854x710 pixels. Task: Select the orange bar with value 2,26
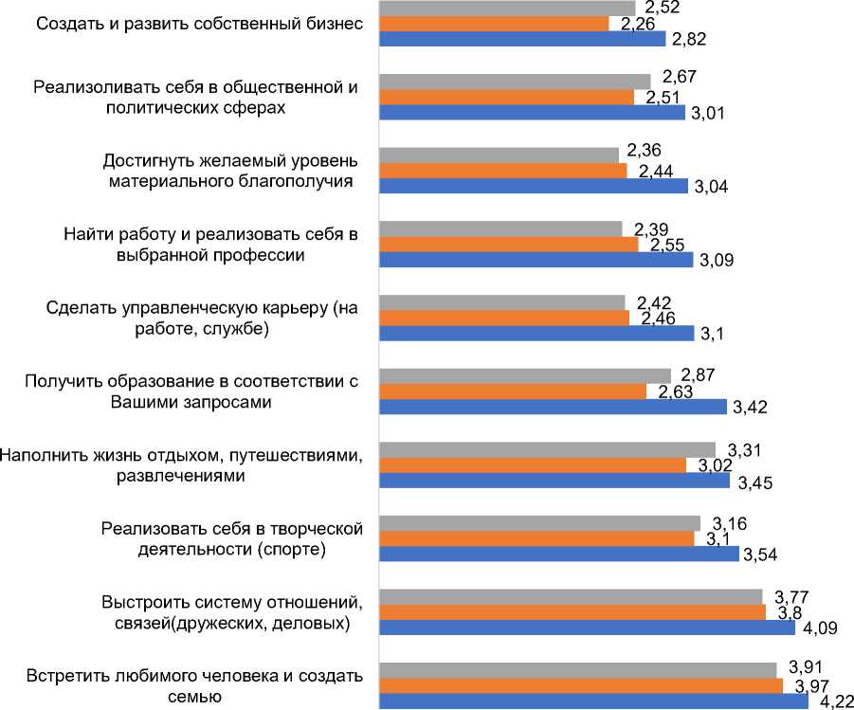point(494,24)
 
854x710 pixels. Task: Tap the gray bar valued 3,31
point(547,449)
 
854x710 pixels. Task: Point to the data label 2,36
point(644,150)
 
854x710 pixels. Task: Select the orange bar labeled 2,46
point(504,318)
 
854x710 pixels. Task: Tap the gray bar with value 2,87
point(525,376)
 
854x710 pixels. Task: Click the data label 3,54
point(760,555)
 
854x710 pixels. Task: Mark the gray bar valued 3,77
point(571,596)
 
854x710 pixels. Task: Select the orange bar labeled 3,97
point(581,685)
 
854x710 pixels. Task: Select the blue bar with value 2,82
point(524,39)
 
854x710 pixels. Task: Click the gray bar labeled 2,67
point(515,82)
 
